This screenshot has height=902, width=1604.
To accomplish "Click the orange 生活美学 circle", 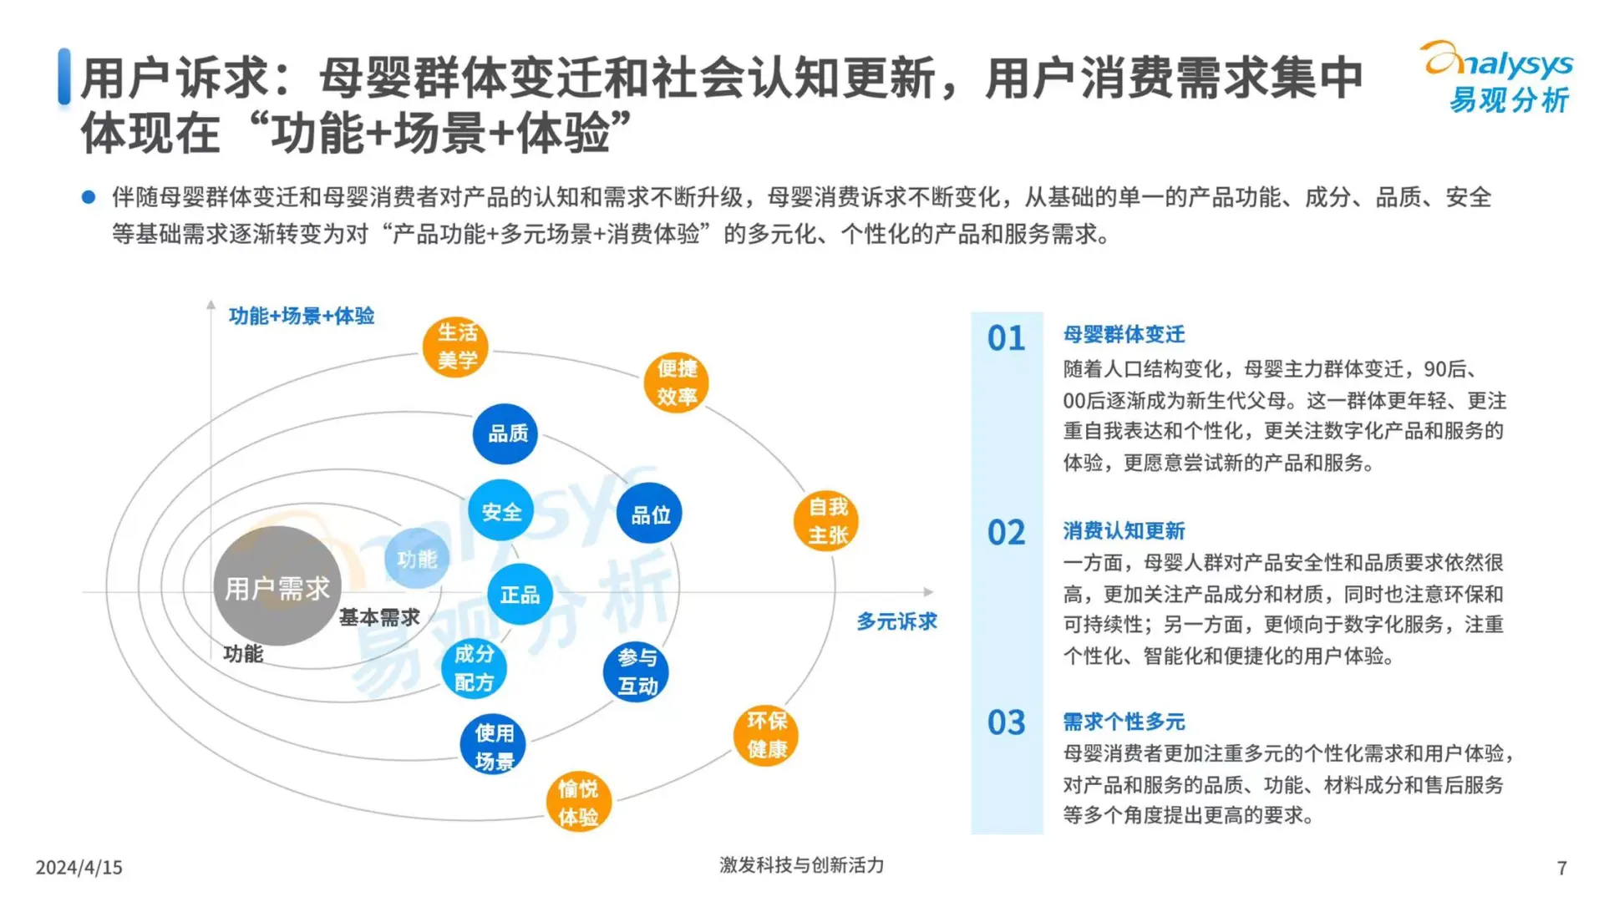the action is tap(455, 347).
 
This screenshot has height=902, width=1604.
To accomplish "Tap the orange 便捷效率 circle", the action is tap(676, 383).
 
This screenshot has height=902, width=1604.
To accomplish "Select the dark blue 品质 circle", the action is tap(505, 433).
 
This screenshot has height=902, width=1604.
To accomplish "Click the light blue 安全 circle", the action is tap(501, 511).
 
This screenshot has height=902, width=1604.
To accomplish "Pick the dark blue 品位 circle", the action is tap(649, 514).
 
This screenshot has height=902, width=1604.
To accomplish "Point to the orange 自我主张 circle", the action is tap(826, 521).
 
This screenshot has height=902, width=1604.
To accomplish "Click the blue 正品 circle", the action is tap(520, 594).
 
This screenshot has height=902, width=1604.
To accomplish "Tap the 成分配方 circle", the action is tap(474, 668).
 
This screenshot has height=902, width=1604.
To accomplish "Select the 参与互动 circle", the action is tap(636, 671).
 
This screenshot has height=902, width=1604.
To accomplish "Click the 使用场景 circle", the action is tap(493, 746).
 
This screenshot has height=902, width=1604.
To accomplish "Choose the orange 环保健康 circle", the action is tap(766, 735).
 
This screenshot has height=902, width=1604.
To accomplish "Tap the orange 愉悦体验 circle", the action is tap(578, 802).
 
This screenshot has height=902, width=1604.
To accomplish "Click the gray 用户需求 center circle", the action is tap(277, 587).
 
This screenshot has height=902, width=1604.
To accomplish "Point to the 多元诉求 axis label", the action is tap(896, 621).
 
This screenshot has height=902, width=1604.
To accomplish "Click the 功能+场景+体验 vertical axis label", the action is tap(302, 316).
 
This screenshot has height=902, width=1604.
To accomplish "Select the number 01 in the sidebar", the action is tap(1006, 338).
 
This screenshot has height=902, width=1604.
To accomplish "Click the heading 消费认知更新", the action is tap(1124, 530).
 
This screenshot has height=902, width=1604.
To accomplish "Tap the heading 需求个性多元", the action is tap(1124, 722).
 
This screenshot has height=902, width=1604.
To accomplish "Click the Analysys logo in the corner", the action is tap(1497, 77).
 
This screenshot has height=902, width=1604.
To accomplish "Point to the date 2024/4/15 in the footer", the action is tap(79, 868).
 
